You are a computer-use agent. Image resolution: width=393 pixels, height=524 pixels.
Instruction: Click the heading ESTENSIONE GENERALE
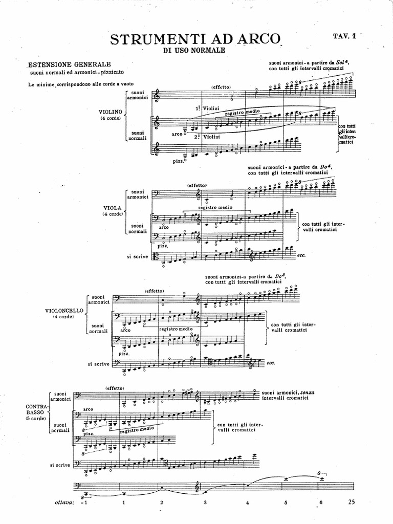pyautogui.click(x=70, y=64)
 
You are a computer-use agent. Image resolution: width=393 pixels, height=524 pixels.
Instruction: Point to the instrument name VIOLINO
pyautogui.click(x=111, y=112)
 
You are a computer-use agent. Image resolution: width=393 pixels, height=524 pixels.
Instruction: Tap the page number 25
pyautogui.click(x=351, y=501)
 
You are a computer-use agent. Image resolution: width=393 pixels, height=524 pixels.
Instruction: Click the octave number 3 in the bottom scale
pyautogui.click(x=205, y=503)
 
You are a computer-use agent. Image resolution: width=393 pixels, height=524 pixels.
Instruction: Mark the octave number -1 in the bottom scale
pyautogui.click(x=85, y=503)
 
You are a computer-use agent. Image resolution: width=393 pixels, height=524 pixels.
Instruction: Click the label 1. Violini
pyautogui.click(x=207, y=108)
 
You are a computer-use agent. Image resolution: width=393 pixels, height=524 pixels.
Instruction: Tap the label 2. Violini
pyautogui.click(x=207, y=137)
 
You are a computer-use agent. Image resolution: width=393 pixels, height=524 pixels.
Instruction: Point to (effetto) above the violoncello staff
pyautogui.click(x=154, y=291)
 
